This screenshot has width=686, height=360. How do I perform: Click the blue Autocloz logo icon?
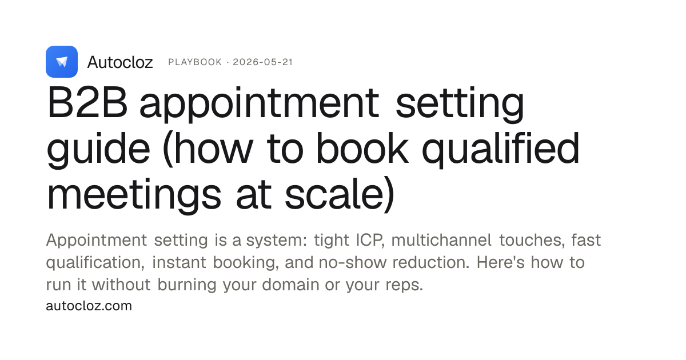pos(62,62)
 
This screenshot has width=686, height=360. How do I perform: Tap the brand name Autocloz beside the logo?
pos(120,62)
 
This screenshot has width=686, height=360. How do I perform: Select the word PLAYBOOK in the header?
pos(195,62)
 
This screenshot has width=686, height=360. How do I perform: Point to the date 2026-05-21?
pos(263,62)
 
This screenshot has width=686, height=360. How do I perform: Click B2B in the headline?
pos(87,102)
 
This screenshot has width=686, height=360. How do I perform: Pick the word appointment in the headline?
pos(260,104)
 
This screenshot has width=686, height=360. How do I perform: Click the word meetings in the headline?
pos(134,195)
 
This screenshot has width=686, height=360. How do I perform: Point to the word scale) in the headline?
pos(340,194)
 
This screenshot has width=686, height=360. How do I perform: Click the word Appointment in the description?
pos(97,241)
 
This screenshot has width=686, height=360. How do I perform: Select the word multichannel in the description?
pos(441,239)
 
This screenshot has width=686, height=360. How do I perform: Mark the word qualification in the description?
pos(95,263)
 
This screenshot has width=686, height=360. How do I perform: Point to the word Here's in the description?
pos(500,262)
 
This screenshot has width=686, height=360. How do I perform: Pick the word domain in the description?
pos(290,285)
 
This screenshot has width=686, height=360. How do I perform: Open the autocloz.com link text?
pos(89,306)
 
